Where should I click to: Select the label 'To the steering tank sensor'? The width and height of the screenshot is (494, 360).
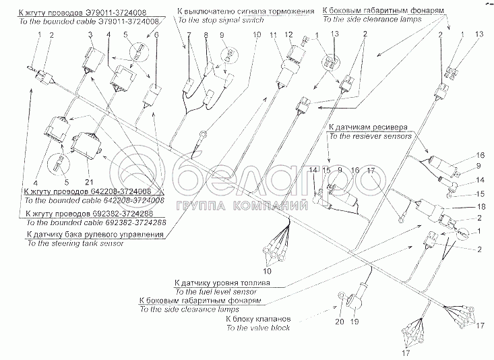click(73, 243)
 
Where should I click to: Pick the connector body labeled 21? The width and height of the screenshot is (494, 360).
click(86, 144)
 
